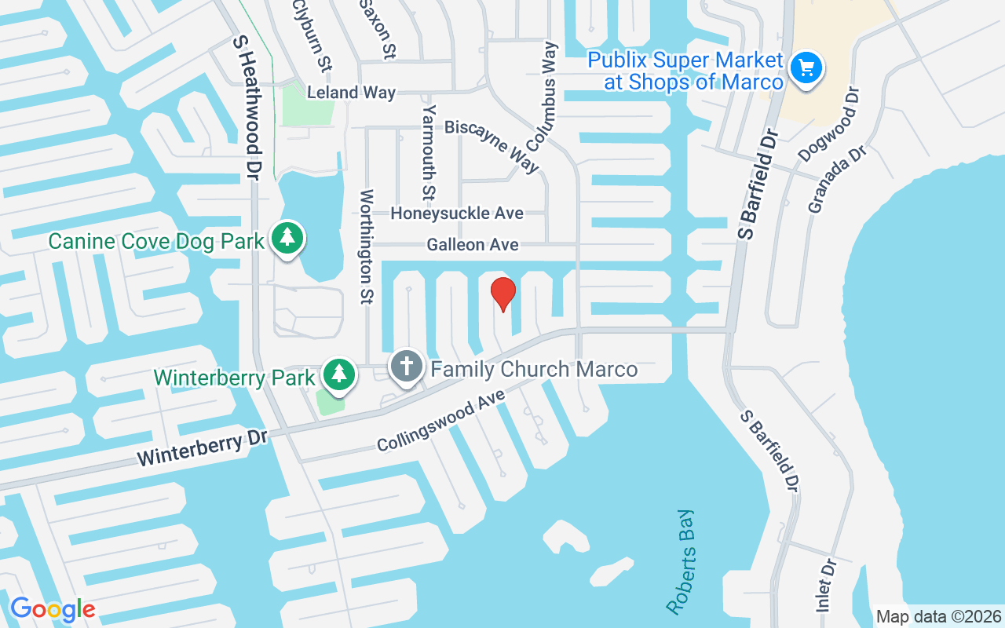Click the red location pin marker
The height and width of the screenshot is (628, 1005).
502,294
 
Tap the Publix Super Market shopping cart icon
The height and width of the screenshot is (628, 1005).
806,68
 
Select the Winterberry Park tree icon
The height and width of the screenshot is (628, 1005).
338,374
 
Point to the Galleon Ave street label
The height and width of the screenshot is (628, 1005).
473,245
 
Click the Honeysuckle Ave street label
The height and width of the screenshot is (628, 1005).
457,213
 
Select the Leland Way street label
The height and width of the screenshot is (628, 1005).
351,92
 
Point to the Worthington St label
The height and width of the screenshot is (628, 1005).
367,246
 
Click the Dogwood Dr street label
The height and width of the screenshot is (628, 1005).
829,124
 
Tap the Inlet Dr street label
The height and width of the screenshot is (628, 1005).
824,585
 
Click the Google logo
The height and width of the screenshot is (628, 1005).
53,608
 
